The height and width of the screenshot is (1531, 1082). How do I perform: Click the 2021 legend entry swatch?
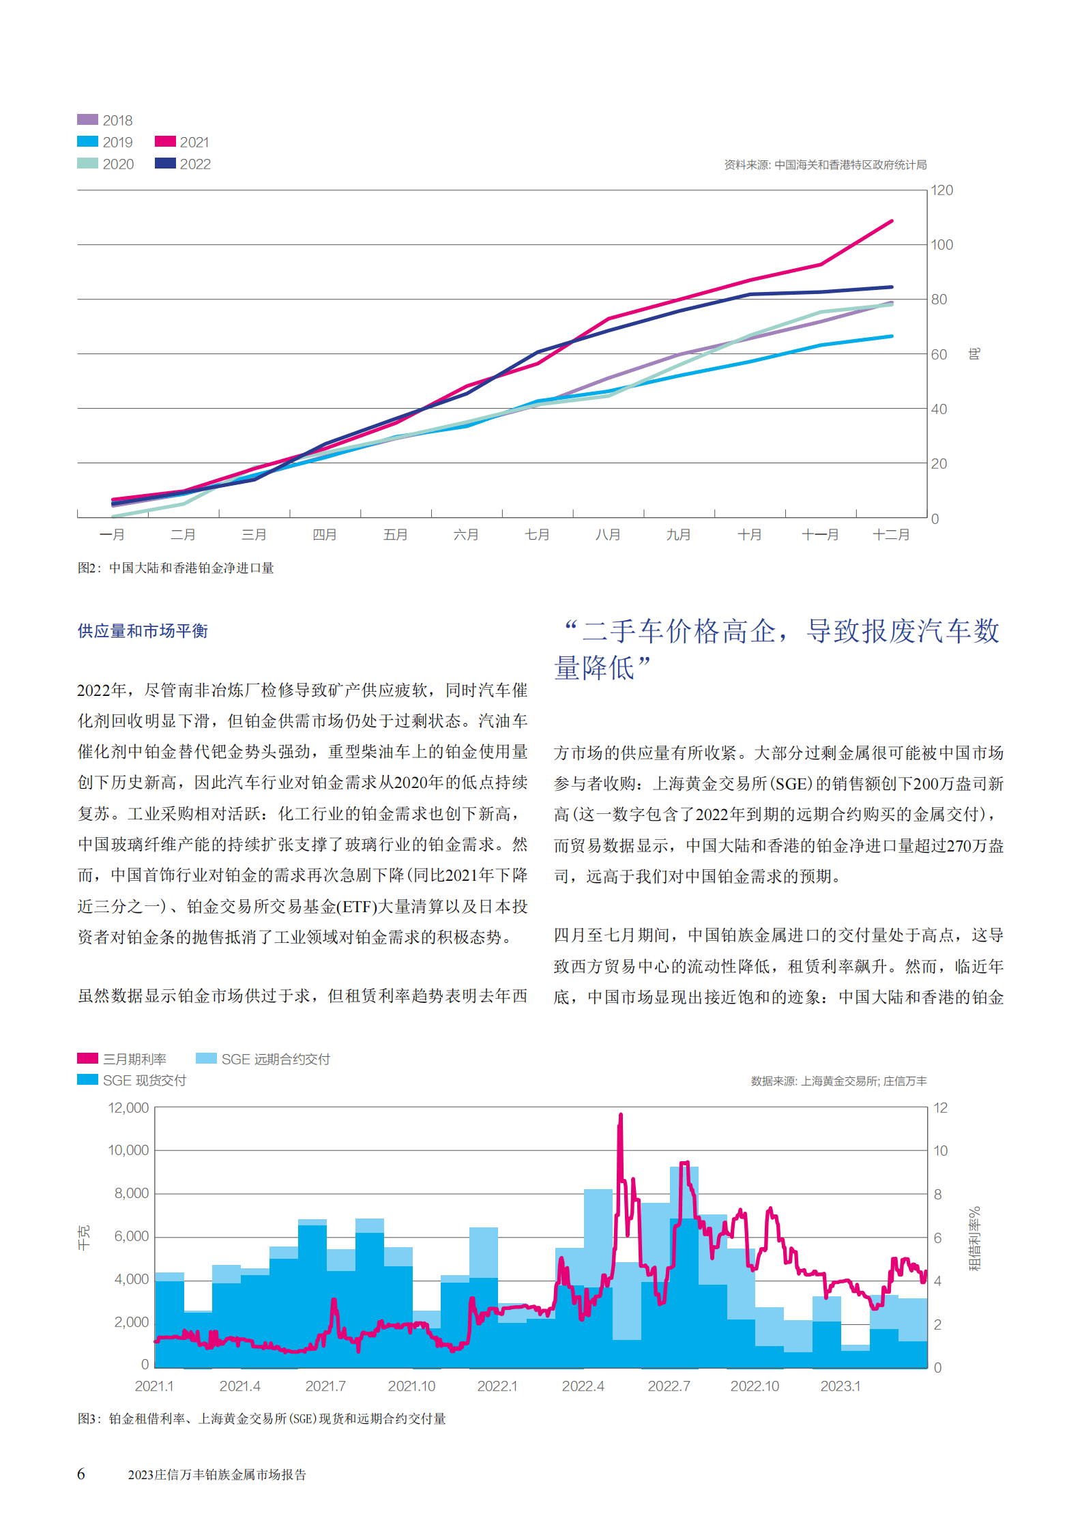tap(165, 142)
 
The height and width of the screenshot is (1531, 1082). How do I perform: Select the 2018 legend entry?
tap(105, 120)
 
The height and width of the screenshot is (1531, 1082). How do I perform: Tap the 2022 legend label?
tap(195, 164)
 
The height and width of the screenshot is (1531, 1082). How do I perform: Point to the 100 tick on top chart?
tap(941, 245)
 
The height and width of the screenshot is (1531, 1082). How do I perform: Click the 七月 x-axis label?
tap(537, 535)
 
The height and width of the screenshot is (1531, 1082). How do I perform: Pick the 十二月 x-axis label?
tap(891, 535)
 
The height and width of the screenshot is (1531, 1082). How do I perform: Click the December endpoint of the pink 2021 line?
tap(892, 221)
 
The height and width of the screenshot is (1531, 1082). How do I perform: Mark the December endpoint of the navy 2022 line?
tap(892, 287)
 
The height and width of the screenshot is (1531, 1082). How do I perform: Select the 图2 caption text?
tap(175, 568)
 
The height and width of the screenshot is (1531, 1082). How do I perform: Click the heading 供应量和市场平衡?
tap(143, 631)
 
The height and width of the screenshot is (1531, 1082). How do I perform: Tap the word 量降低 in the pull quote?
tap(594, 668)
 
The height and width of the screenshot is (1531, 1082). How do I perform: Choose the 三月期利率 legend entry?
tap(122, 1059)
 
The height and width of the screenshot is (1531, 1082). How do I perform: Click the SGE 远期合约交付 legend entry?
tap(263, 1059)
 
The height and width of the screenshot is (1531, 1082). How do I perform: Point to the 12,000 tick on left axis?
tap(128, 1108)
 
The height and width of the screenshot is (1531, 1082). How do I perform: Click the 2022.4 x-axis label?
tap(583, 1386)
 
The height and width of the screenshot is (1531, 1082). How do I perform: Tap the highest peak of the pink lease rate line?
tap(621, 1115)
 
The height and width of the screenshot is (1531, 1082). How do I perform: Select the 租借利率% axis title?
tap(975, 1238)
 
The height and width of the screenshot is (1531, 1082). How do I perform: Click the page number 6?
tap(81, 1474)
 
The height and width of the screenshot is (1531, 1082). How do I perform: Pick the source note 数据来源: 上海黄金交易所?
tap(838, 1081)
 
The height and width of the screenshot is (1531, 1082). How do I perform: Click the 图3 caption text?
tap(261, 1419)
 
